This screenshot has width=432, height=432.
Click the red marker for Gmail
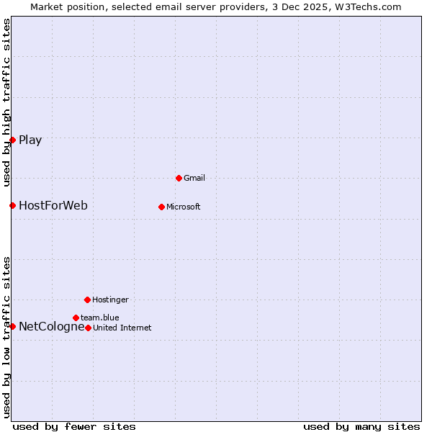tap(179, 178)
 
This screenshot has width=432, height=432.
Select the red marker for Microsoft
tap(161, 207)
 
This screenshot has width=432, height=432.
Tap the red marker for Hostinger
tap(87, 300)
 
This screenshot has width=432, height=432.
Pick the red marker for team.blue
tap(76, 318)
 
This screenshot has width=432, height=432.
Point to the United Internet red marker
tap(88, 328)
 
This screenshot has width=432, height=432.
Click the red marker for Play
tap(12, 140)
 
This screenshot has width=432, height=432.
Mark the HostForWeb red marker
tap(12, 206)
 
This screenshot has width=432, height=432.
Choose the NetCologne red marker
tap(12, 326)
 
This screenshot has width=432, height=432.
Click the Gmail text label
tap(194, 178)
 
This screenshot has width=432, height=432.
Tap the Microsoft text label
tap(183, 207)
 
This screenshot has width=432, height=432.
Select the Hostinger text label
tap(110, 300)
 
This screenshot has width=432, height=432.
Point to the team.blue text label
tap(99, 318)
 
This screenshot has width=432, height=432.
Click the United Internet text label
tap(122, 328)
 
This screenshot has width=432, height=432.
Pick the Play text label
tap(30, 140)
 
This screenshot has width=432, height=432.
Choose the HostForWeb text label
tap(53, 206)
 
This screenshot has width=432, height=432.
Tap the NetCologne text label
tap(51, 326)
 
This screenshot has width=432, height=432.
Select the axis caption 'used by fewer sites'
tap(74, 426)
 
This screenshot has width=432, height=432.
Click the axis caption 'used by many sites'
tap(361, 426)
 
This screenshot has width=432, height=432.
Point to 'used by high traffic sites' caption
tap(6, 102)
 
